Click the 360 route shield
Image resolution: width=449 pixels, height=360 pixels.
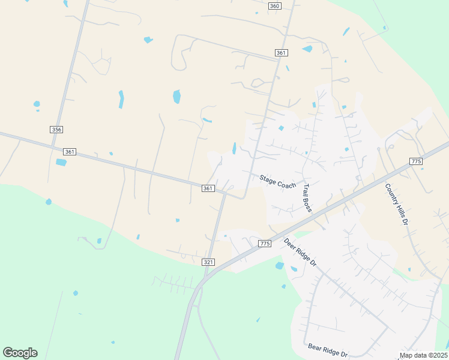coord(274,6)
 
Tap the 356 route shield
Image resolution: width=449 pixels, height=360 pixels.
coord(57,130)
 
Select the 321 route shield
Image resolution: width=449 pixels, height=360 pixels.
coord(208,262)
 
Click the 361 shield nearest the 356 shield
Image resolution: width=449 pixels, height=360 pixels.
coord(70,152)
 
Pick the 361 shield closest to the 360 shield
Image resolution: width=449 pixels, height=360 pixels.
coord(281,53)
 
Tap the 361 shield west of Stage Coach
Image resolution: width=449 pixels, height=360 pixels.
coord(208,188)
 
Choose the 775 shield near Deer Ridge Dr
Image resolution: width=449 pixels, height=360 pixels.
coord(265,243)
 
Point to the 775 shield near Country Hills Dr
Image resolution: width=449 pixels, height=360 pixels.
coord(417,161)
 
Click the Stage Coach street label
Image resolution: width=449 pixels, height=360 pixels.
coord(278,181)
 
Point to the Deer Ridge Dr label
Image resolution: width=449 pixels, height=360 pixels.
coord(300,254)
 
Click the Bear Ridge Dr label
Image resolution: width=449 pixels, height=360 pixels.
coord(328,349)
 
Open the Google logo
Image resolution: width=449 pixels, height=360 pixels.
coord(20,352)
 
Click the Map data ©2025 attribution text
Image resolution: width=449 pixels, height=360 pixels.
coord(423,355)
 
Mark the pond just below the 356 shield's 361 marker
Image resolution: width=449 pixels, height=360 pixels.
coord(61,163)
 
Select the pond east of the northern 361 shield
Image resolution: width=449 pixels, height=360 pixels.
coord(307,49)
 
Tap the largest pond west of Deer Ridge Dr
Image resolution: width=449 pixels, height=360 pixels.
coord(280,265)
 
